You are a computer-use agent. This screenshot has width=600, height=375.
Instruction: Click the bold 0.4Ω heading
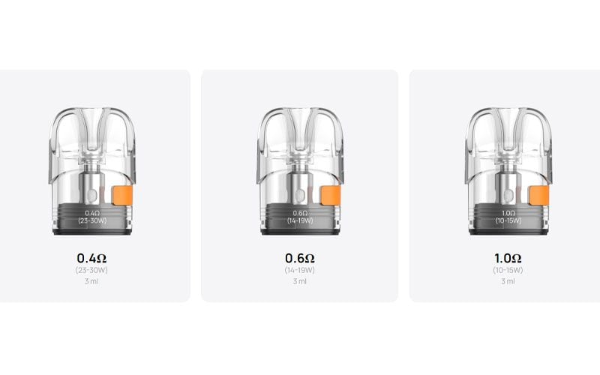coord(91,259)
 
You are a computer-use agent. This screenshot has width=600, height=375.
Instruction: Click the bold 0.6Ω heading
coord(300,259)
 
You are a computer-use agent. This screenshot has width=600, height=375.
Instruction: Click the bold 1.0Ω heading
coord(508,259)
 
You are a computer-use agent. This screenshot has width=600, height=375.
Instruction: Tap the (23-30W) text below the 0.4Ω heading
coord(91,271)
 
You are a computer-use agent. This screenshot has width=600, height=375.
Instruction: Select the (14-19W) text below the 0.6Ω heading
coord(300,271)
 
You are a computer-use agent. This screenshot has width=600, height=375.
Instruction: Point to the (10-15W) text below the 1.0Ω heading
coord(508,271)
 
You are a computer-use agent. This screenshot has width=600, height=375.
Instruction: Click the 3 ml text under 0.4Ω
coord(91,282)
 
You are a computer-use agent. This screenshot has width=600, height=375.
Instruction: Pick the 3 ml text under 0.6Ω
coord(300,282)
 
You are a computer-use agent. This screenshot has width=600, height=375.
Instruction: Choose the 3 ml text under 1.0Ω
coord(508,282)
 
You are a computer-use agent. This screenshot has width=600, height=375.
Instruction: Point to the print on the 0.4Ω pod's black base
coord(91,217)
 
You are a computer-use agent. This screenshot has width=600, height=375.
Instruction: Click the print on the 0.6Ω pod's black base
coord(299,217)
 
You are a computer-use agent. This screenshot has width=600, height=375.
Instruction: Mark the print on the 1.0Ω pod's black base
coord(507,217)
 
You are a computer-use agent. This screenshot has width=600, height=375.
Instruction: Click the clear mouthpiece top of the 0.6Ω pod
coord(299,124)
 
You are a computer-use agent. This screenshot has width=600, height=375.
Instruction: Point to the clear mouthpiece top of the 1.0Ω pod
coord(507,124)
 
